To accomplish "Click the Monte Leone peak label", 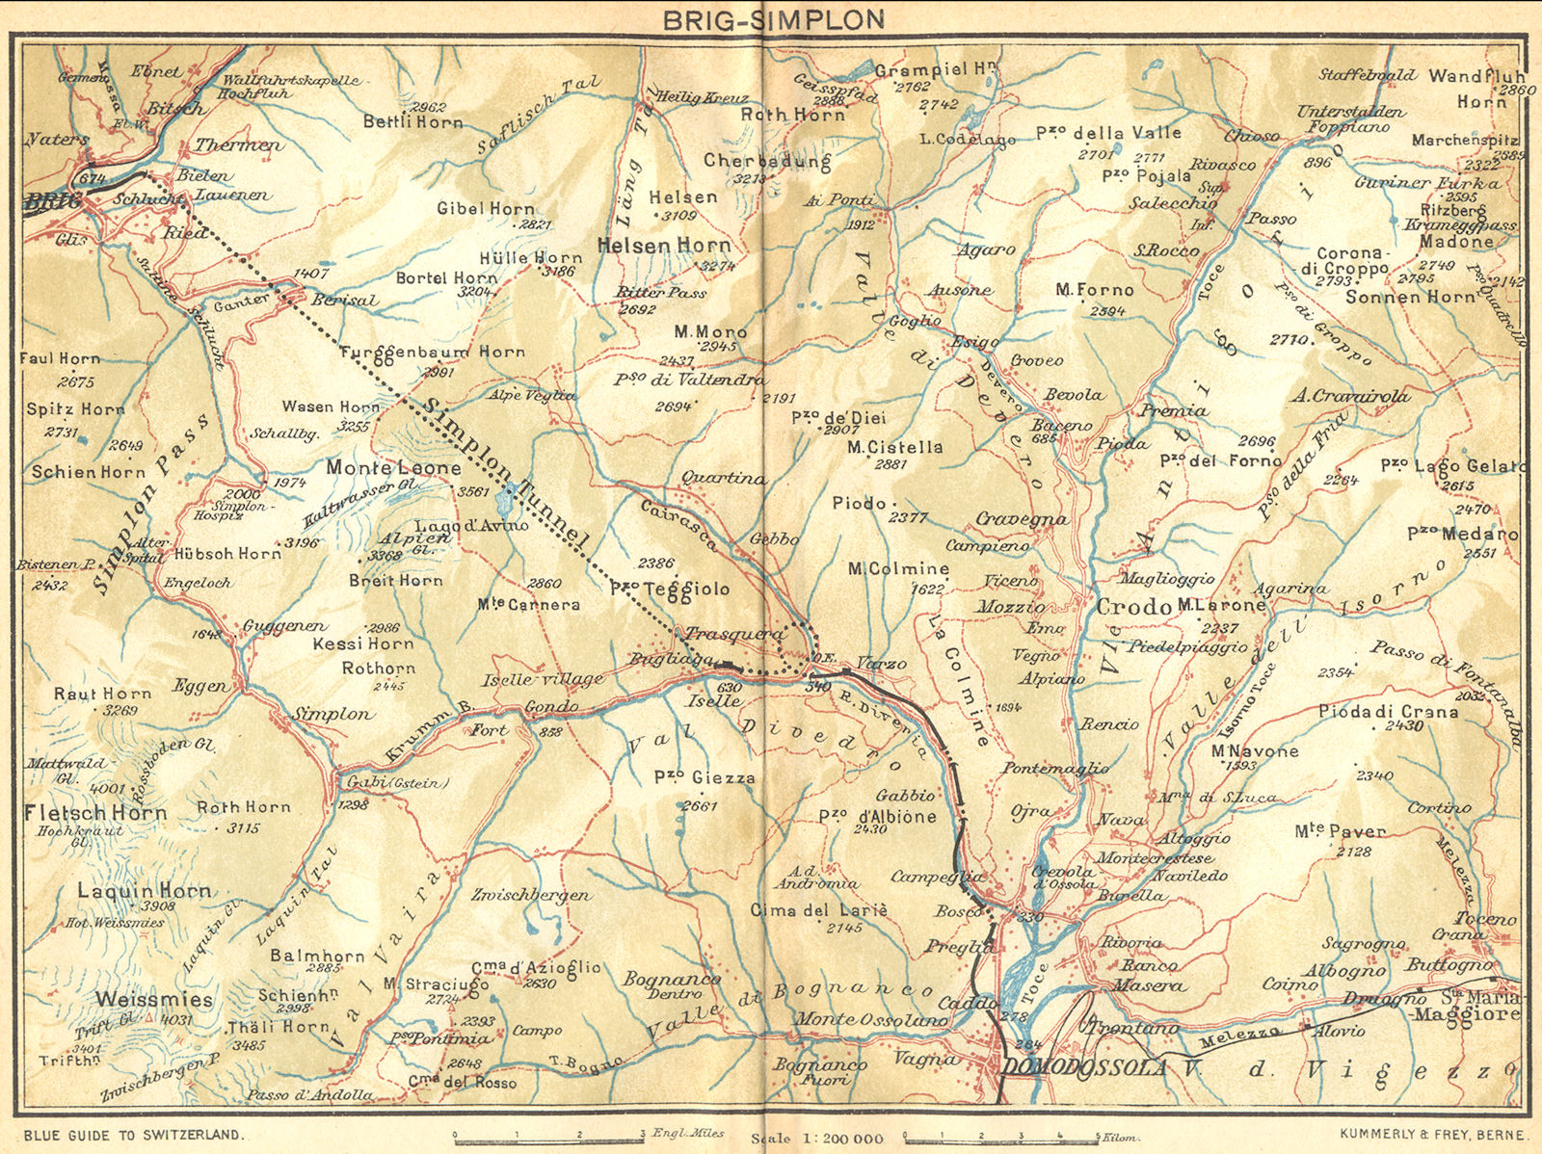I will (393, 467).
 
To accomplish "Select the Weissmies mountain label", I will (154, 999).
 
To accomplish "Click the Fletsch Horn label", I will (94, 812).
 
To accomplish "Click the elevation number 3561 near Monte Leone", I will (473, 491).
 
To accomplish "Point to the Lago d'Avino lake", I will (507, 501).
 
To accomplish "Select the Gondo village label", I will (551, 707).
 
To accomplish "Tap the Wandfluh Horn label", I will (1476, 87).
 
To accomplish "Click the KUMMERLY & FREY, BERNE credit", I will (1432, 1135).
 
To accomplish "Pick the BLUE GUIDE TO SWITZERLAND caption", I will (134, 1135).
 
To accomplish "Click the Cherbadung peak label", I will (767, 160).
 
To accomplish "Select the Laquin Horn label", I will (144, 890).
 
